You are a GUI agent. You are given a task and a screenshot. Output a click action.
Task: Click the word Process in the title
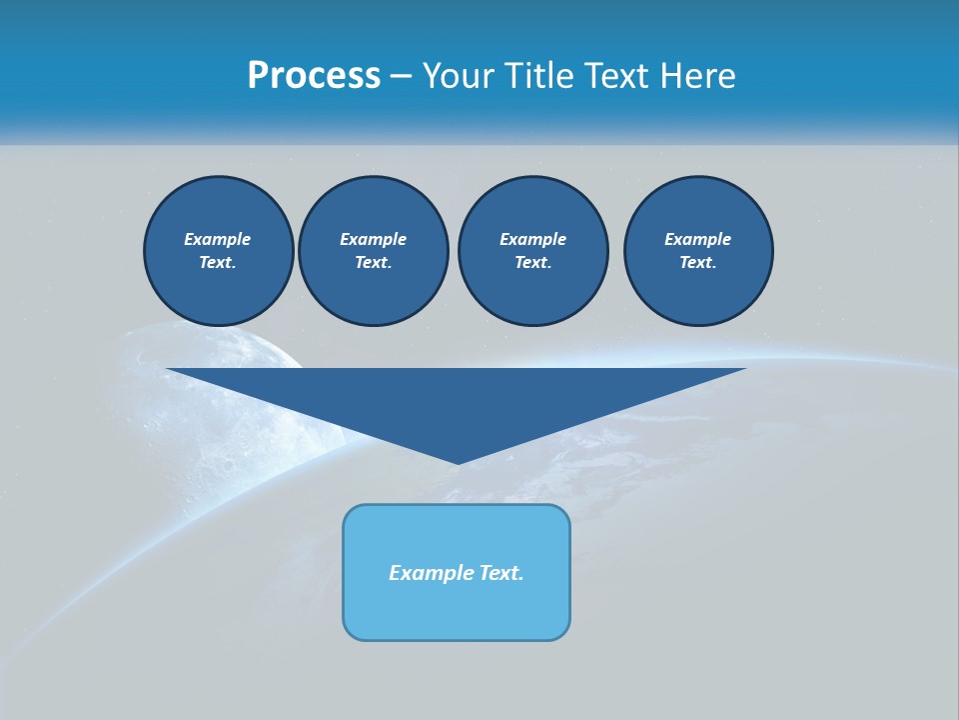314,76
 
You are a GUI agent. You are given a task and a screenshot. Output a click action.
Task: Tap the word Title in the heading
539,76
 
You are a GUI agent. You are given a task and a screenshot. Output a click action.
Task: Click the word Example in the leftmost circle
218,239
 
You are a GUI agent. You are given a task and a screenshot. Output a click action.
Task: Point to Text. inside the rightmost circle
698,263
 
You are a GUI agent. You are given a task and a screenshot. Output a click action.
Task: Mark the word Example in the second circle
373,239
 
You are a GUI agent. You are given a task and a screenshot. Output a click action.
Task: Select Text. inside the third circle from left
532,263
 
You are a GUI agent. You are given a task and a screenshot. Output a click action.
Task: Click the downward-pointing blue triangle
457,400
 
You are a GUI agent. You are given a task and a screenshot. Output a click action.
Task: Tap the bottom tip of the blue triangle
458,461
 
